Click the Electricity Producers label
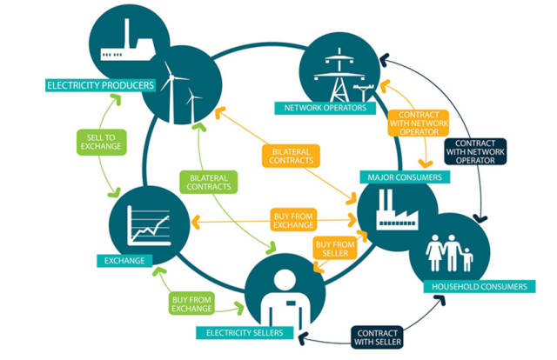[100, 85]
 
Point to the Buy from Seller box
[335, 250]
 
